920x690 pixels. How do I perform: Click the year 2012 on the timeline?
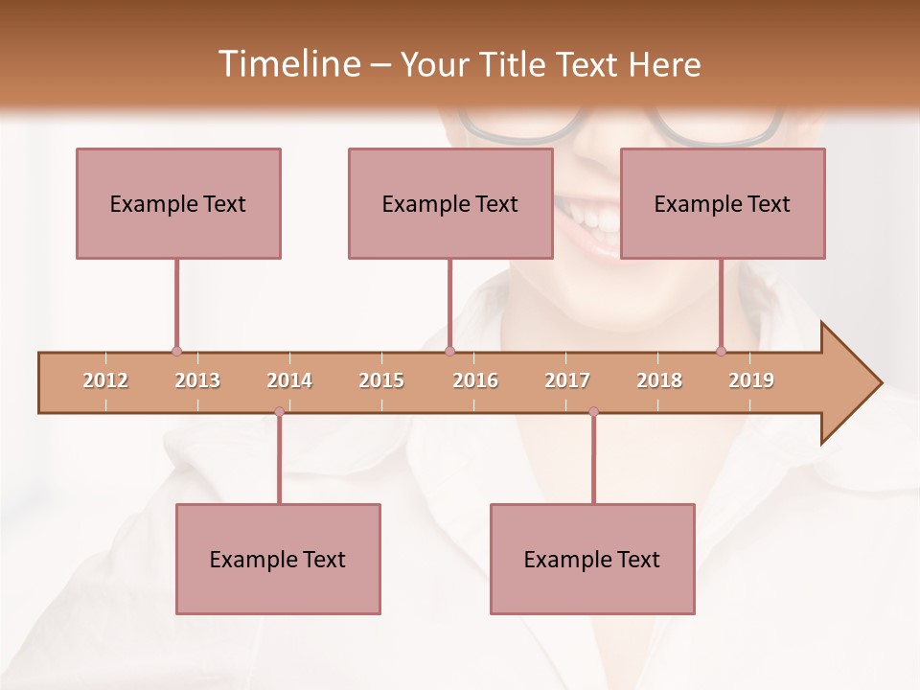tap(105, 380)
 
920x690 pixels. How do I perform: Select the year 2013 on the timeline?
tap(197, 380)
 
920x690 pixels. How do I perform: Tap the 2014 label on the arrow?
tap(289, 380)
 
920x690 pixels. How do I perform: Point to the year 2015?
tap(381, 380)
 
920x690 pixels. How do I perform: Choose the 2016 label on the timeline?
tap(475, 380)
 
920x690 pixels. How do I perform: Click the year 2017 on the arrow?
tap(567, 380)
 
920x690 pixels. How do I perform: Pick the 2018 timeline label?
tap(659, 380)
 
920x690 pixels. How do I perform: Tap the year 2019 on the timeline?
tap(751, 380)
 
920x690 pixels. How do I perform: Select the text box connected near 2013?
tap(178, 203)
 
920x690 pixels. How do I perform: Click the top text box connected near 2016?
tap(450, 203)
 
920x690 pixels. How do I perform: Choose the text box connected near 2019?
tap(723, 203)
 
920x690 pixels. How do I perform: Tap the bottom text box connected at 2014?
tap(278, 559)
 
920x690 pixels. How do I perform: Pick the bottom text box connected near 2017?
tap(592, 559)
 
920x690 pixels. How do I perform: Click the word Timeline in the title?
tap(287, 64)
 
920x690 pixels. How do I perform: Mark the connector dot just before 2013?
tap(176, 352)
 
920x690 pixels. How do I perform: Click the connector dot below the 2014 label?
tap(279, 412)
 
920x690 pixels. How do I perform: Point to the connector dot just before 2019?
tap(721, 352)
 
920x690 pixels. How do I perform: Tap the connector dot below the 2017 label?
tap(593, 412)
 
